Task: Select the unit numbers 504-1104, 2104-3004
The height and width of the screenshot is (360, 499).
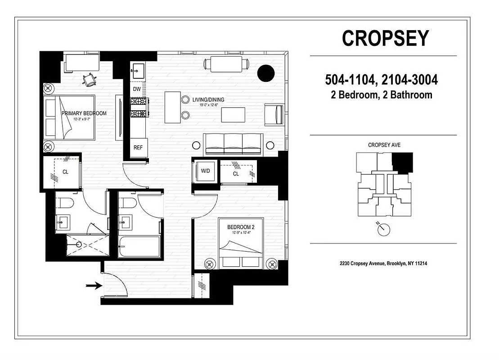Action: pyautogui.click(x=382, y=81)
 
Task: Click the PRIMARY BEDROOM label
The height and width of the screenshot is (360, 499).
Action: pyautogui.click(x=84, y=113)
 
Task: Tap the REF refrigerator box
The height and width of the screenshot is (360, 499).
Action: pyautogui.click(x=138, y=148)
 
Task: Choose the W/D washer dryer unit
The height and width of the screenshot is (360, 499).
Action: pyautogui.click(x=205, y=171)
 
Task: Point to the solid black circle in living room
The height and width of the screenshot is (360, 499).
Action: pyautogui.click(x=265, y=73)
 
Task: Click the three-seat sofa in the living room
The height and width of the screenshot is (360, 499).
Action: pyautogui.click(x=233, y=144)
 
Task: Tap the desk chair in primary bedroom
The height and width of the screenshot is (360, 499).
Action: pyautogui.click(x=90, y=79)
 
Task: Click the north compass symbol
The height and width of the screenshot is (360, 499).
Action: pyautogui.click(x=383, y=229)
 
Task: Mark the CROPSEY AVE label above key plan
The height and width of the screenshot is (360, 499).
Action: pyautogui.click(x=384, y=145)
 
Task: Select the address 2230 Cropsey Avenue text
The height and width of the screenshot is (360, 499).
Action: pyautogui.click(x=383, y=264)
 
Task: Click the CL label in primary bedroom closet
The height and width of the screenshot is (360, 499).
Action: pyautogui.click(x=65, y=172)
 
